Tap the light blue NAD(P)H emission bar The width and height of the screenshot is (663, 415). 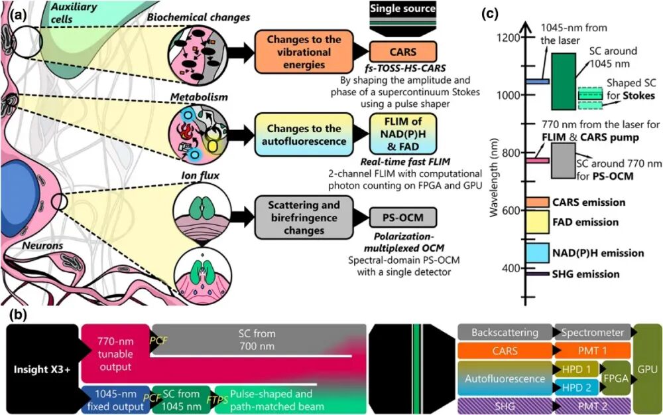pyautogui.click(x=536, y=253)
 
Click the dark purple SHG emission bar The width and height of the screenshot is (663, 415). pyautogui.click(x=536, y=274)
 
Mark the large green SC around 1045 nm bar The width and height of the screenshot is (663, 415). pyautogui.click(x=563, y=81)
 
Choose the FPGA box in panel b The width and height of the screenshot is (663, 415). pyautogui.click(x=615, y=378)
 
